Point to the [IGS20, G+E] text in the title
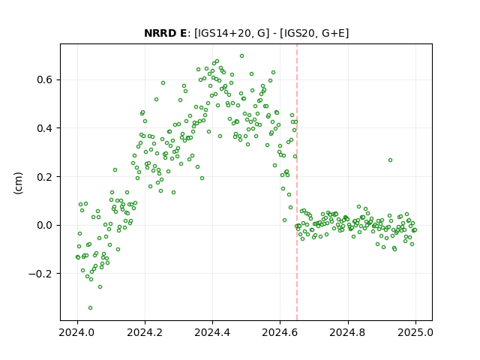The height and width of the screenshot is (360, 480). tap(316, 33)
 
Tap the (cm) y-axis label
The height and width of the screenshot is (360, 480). tap(18, 183)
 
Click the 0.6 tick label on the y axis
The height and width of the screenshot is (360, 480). tap(45, 80)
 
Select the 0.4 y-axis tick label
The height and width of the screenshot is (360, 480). tap(45, 128)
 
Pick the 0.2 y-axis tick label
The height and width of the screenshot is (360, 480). tap(45, 177)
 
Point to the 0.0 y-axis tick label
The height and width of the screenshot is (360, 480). tap(45, 225)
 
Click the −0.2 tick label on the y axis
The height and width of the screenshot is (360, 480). tap(40, 274)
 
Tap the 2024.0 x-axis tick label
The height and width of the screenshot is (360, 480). tap(77, 332)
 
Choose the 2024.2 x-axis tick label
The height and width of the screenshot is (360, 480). tap(145, 332)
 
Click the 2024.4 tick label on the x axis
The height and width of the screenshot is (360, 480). tap(212, 332)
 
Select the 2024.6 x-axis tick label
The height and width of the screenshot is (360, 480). tap(280, 332)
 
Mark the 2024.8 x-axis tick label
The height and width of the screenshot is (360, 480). tap(348, 332)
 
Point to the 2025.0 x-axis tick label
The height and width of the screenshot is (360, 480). tap(415, 332)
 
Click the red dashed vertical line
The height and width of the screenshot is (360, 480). tap(297, 182)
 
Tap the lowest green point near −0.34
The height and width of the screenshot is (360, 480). tap(90, 307)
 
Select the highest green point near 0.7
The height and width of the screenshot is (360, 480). tap(241, 56)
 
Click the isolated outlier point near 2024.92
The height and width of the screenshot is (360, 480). tap(390, 160)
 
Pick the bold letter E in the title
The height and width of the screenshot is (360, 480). tap(183, 33)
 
